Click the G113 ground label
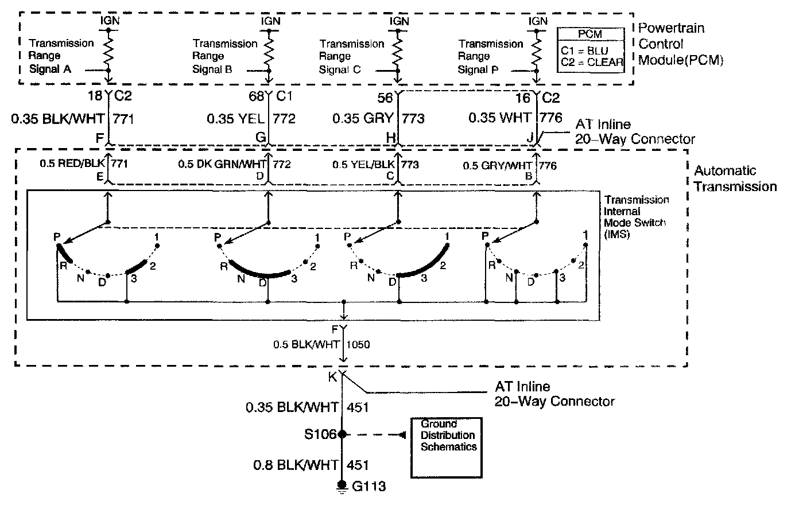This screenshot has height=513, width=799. [x=369, y=487]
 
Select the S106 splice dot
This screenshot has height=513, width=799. [x=343, y=434]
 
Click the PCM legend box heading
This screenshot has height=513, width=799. [x=589, y=34]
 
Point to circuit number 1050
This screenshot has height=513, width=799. [x=358, y=345]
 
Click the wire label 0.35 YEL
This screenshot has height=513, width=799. [x=236, y=119]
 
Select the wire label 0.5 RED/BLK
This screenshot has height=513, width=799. [x=72, y=164]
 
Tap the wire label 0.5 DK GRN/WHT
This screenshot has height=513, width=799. [x=222, y=164]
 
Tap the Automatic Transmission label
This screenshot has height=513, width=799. [x=735, y=178]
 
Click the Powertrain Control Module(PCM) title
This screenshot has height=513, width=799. [x=680, y=44]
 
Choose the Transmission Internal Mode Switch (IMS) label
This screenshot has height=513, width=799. [x=637, y=217]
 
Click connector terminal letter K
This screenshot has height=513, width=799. [x=332, y=377]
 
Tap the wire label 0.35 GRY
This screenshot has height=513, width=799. [x=363, y=118]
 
